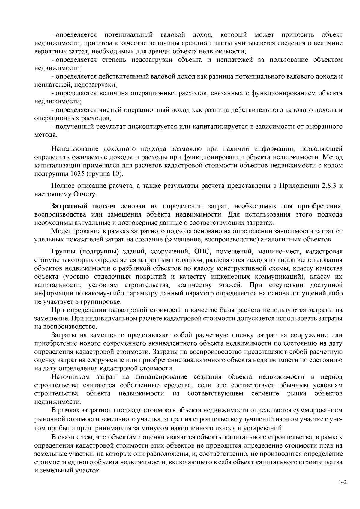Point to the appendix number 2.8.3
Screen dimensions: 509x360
click(x=329, y=186)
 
